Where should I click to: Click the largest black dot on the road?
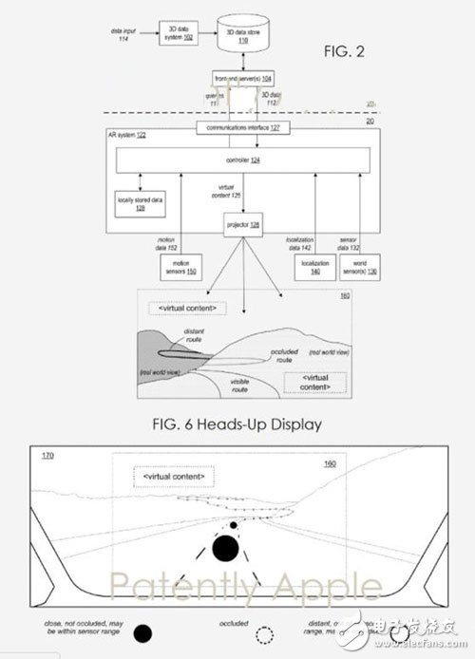pyautogui.click(x=225, y=548)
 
